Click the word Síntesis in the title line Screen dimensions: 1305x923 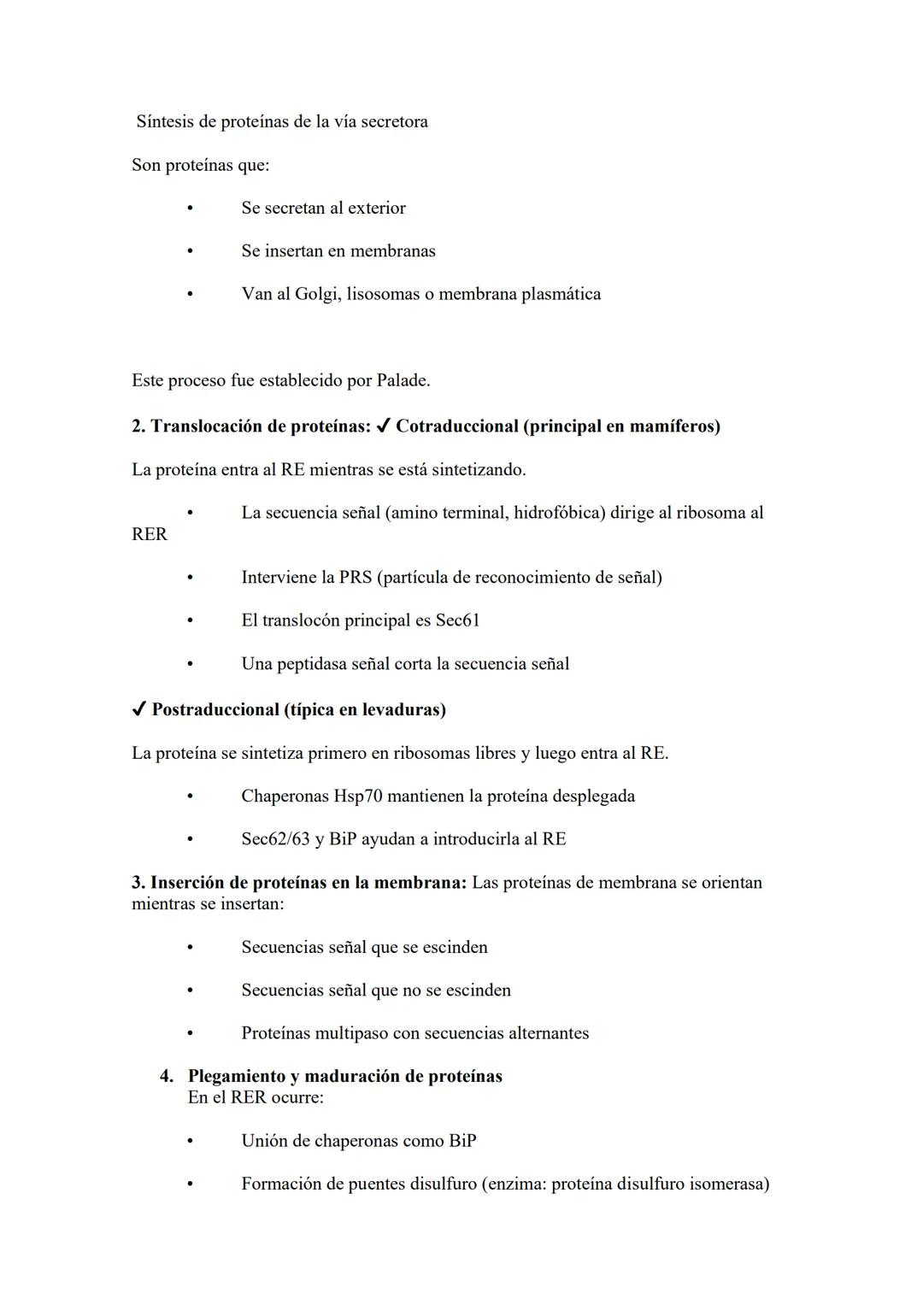(x=165, y=121)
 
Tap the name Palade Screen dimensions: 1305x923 (x=402, y=380)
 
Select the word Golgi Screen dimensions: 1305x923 (x=316, y=294)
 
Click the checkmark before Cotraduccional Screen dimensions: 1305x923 (x=383, y=426)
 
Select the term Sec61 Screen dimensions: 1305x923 (x=458, y=620)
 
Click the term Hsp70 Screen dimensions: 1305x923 (x=357, y=796)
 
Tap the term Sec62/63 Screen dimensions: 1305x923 (x=275, y=838)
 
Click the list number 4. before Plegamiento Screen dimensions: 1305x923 (x=167, y=1076)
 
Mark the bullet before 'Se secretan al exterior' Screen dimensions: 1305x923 (x=190, y=208)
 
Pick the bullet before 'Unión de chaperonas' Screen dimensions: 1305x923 (x=190, y=1141)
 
